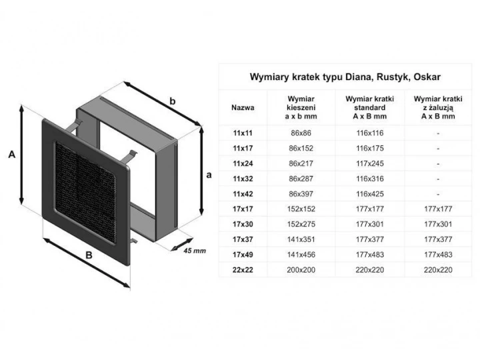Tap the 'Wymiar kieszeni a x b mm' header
coord(301,107)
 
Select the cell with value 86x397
coord(301,193)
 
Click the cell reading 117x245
coord(369,163)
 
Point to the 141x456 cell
coord(301,255)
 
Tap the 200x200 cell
coord(301,270)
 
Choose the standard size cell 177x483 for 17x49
coord(369,255)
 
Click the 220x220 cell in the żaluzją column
coord(437,270)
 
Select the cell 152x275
coord(301,224)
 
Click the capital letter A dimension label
coord(11,155)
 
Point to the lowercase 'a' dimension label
coord(209,175)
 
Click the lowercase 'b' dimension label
coord(172,101)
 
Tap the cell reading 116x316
coord(369,179)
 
